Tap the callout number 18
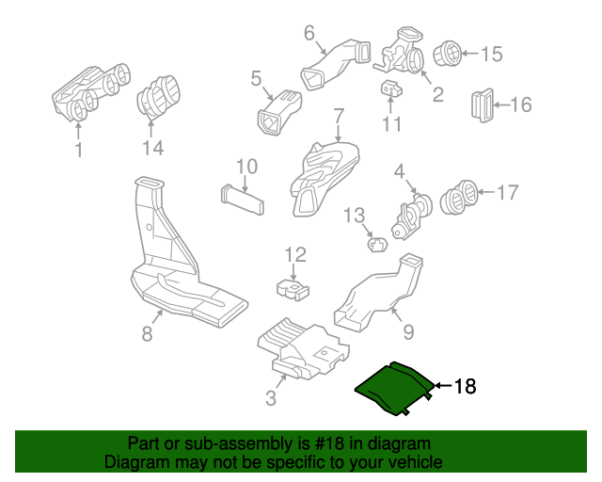[466, 386]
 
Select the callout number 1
[79, 149]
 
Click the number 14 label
[152, 148]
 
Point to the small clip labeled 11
[390, 89]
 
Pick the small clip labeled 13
[378, 245]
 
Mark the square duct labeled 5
[277, 114]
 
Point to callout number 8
[147, 333]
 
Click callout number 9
[408, 331]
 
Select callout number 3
[271, 398]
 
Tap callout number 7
[338, 117]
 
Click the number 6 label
[309, 34]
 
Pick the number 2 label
[437, 94]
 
